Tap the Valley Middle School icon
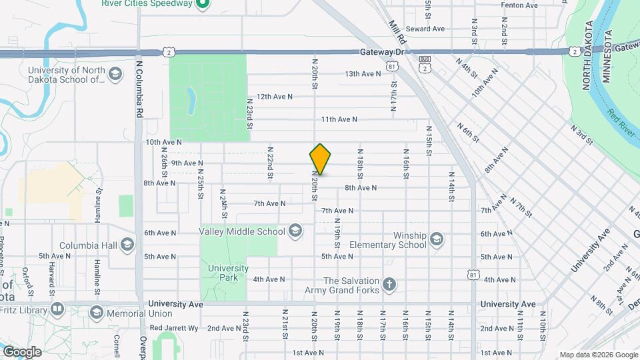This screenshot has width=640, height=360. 295,231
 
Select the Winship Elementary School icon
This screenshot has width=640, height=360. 436,239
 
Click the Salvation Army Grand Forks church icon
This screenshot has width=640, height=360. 389,285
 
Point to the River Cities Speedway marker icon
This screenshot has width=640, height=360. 204,5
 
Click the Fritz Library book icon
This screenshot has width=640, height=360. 57,309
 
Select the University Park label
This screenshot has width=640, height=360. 228,273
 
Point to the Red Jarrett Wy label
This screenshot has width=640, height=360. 174,327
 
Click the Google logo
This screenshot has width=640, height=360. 22,352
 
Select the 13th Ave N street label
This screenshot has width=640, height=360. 362,73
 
